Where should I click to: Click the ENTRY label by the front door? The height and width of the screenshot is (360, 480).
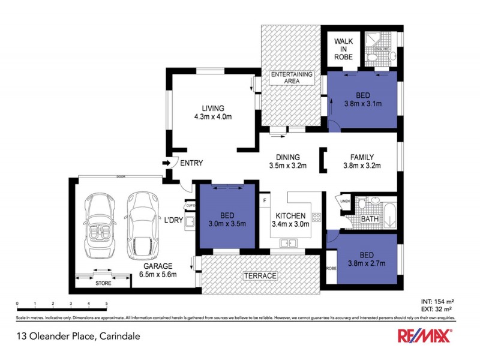(x=191, y=163)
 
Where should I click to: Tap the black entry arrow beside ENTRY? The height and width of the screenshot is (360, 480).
(x=166, y=163)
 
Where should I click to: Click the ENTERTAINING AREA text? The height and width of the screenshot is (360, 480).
(x=292, y=77)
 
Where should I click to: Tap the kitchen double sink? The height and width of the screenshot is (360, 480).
(x=290, y=243)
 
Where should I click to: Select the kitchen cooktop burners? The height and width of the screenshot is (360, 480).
(x=316, y=218)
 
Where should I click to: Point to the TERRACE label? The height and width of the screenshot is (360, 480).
(x=260, y=276)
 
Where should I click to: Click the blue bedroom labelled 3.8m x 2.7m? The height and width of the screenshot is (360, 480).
(x=367, y=259)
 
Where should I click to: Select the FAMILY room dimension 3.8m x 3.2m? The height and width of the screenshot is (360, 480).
(x=362, y=166)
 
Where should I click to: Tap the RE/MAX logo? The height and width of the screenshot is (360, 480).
(x=426, y=336)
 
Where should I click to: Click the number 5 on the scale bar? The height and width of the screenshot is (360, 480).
(x=106, y=304)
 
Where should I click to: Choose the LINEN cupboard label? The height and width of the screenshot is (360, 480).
(x=346, y=201)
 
